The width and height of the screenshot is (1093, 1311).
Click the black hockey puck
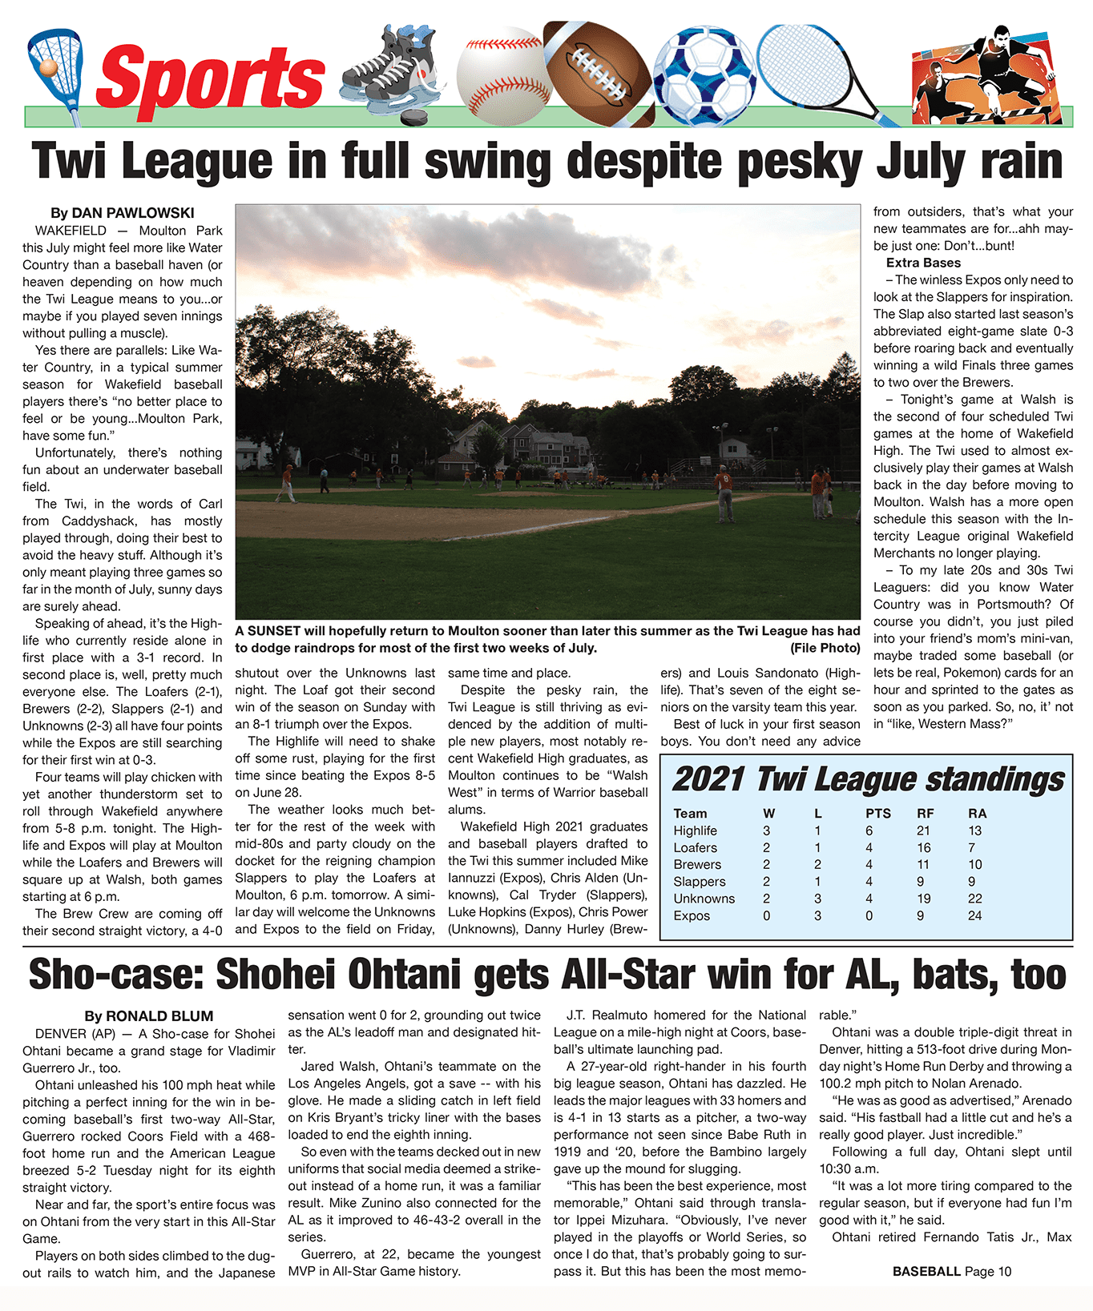(414, 119)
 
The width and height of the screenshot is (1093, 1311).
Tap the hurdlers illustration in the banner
(990, 76)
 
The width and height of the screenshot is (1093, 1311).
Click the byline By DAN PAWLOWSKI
(123, 213)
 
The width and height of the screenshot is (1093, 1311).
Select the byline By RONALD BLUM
(149, 1016)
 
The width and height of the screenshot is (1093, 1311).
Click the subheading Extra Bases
(923, 263)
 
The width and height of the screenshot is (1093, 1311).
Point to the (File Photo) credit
(825, 648)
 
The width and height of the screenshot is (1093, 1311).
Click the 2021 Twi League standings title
(868, 779)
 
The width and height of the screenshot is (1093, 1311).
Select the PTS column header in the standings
(877, 814)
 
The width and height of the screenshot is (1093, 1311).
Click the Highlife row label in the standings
(695, 830)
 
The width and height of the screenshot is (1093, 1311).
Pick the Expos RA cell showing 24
(974, 915)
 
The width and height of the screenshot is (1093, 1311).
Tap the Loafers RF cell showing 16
(924, 847)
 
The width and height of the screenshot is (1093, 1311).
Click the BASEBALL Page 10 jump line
(952, 1271)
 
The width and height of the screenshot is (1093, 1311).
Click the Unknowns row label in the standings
(704, 899)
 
